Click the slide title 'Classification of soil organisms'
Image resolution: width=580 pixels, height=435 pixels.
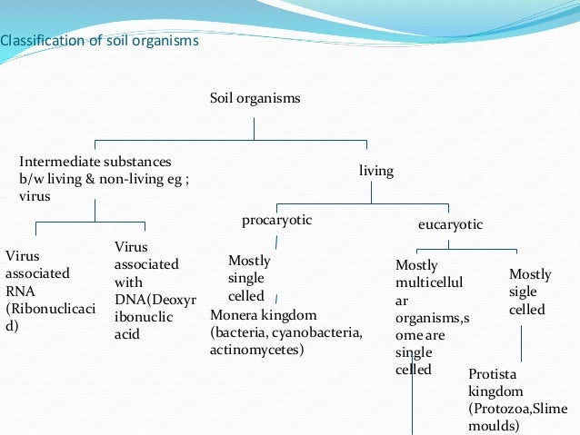(x=99, y=41)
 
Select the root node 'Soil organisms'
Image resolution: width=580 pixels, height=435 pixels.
(x=255, y=97)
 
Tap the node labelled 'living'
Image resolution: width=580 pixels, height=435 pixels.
(x=376, y=171)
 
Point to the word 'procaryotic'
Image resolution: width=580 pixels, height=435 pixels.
(x=276, y=220)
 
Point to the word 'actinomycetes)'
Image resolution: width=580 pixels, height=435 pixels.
(x=257, y=349)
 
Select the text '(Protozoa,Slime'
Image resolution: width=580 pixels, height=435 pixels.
(x=516, y=408)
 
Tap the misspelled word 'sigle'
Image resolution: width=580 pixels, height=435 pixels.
(x=523, y=292)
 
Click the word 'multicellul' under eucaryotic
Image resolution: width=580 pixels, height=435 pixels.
(x=429, y=282)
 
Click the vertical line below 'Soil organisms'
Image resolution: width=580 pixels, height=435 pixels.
(x=255, y=124)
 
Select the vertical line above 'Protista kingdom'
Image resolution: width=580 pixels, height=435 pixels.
(x=521, y=343)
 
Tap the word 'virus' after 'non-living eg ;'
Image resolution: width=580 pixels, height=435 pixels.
(x=35, y=195)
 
